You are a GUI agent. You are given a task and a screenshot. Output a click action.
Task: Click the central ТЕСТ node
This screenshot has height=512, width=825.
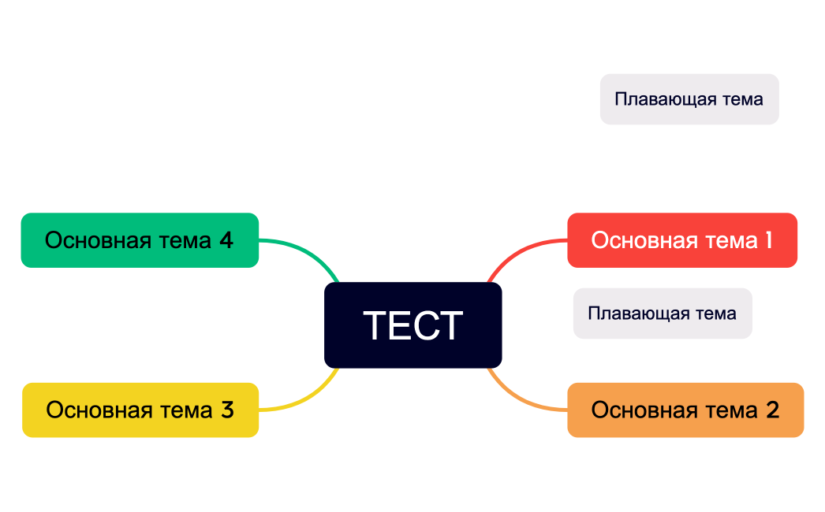[412, 325]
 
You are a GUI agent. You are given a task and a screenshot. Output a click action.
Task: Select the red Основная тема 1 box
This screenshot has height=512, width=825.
[682, 240]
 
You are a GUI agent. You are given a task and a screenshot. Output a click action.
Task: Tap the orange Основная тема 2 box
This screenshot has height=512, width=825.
[685, 410]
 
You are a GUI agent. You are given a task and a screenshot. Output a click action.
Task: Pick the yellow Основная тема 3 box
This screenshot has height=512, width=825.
[140, 410]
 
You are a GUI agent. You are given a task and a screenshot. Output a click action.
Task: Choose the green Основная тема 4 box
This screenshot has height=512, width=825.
[140, 240]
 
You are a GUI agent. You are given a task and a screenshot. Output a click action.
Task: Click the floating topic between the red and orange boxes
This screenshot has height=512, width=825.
[663, 314]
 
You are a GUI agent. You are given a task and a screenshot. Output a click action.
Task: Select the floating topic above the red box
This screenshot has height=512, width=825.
[689, 99]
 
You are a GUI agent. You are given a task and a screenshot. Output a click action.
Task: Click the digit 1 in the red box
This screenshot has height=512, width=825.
[768, 240]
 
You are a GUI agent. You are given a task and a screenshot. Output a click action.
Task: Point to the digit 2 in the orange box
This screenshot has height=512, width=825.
[772, 410]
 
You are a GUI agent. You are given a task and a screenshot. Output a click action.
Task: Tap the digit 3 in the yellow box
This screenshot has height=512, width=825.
[227, 410]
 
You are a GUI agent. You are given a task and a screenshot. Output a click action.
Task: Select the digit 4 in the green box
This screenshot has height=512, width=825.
[226, 240]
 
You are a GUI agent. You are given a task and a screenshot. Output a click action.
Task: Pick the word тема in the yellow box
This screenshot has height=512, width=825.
[186, 410]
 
